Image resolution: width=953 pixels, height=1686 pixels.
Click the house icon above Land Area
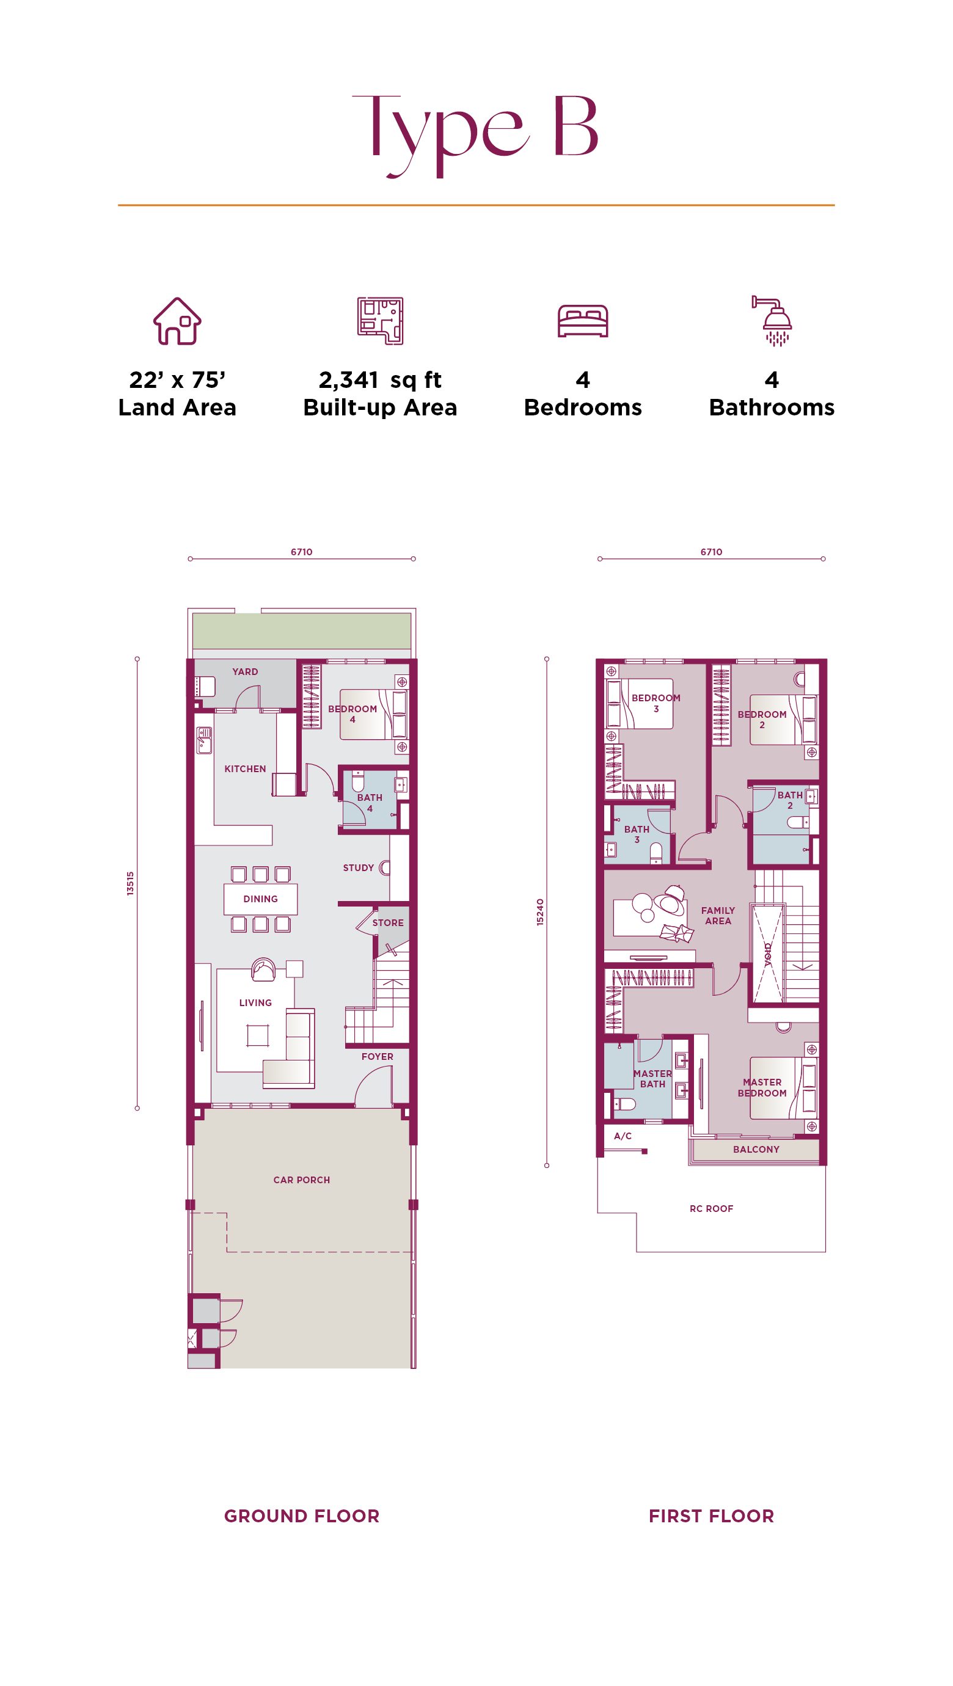tap(177, 321)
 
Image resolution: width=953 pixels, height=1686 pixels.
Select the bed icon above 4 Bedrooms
tap(583, 321)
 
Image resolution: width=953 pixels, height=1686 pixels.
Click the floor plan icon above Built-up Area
tap(380, 321)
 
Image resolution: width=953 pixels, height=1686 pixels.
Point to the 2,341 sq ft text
tap(380, 379)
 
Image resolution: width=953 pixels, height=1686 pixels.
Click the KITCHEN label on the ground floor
tap(246, 769)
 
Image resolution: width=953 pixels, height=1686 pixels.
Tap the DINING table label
tap(260, 899)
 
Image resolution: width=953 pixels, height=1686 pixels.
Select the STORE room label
tap(388, 923)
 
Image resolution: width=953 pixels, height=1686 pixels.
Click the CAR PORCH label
tap(302, 1180)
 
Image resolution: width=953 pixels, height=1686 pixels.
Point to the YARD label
tap(246, 671)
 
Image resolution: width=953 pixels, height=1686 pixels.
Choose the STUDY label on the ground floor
tap(359, 868)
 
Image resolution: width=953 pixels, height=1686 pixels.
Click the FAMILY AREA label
tap(718, 916)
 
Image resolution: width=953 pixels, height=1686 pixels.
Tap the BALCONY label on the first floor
tap(756, 1149)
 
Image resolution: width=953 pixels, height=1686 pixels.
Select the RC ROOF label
tap(712, 1209)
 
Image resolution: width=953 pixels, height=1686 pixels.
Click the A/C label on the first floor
tap(623, 1136)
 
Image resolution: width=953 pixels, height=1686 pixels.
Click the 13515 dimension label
tap(130, 883)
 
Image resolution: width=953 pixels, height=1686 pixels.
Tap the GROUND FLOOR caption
tap(302, 1516)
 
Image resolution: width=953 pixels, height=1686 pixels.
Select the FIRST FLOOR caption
tap(712, 1516)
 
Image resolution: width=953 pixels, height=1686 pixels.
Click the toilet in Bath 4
tap(358, 781)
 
